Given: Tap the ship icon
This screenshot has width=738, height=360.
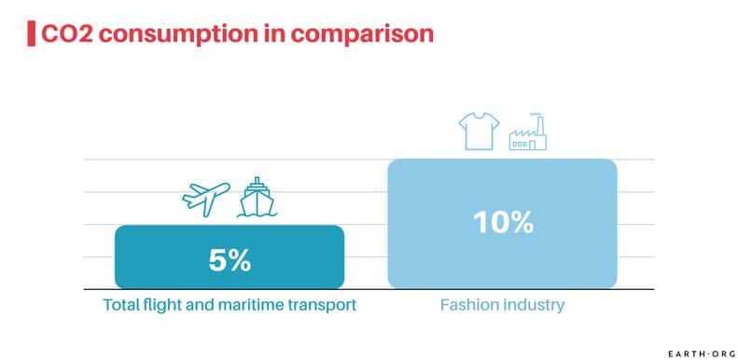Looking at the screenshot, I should [x=252, y=196].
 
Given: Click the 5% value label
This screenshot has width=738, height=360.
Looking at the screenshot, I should [x=229, y=260].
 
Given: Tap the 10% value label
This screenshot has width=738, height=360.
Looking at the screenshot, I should [x=502, y=223].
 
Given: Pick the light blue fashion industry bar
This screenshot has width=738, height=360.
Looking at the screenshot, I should [x=502, y=187].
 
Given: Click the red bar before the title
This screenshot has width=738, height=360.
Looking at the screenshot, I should [x=32, y=34].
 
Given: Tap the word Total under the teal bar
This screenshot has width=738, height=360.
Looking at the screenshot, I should [x=119, y=305].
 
